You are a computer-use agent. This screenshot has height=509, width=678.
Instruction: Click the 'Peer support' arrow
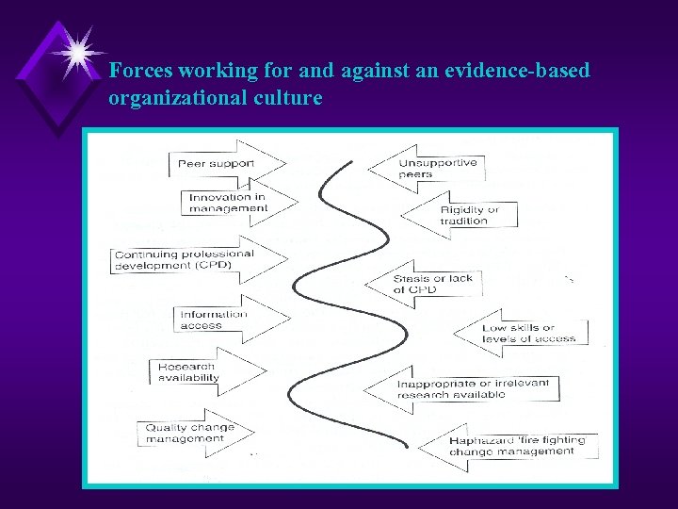(x=224, y=164)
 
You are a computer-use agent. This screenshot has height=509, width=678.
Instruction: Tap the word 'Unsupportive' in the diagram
(x=438, y=162)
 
